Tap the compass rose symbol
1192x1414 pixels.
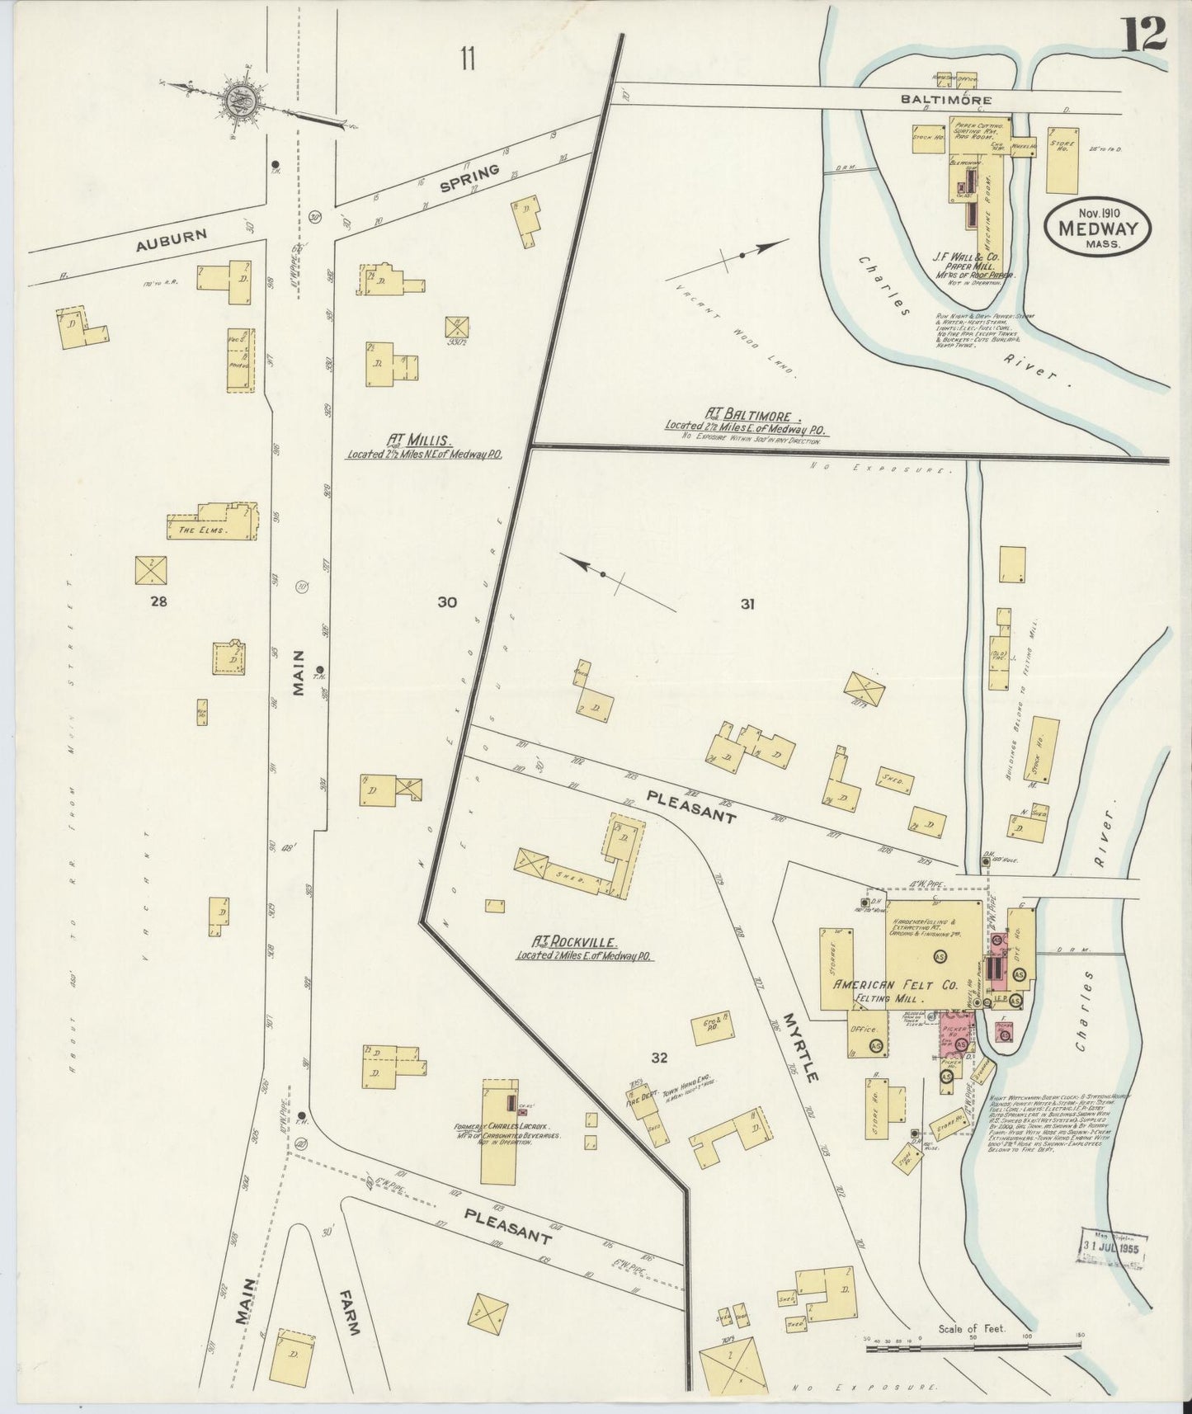242,100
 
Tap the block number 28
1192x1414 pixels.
158,601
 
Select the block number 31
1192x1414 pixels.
747,604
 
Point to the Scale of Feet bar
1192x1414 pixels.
973,1345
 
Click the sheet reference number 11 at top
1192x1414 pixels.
468,59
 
